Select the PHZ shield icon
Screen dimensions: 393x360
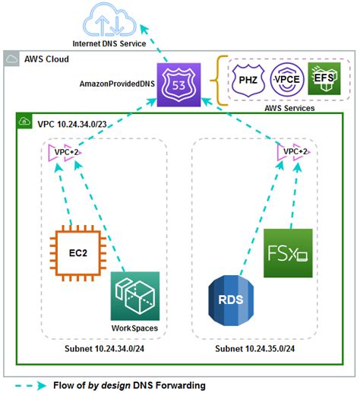(x=248, y=79)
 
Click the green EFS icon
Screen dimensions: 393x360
(x=324, y=78)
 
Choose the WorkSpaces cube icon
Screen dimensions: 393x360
(x=135, y=296)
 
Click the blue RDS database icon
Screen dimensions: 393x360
(x=231, y=299)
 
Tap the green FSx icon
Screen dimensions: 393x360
(x=288, y=252)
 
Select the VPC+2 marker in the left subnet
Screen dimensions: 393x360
(x=63, y=153)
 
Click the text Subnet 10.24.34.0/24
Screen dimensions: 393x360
(x=103, y=348)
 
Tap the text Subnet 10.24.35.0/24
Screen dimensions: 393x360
(x=254, y=348)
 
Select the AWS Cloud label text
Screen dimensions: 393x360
(x=47, y=59)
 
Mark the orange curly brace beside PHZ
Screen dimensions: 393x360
(x=221, y=79)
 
